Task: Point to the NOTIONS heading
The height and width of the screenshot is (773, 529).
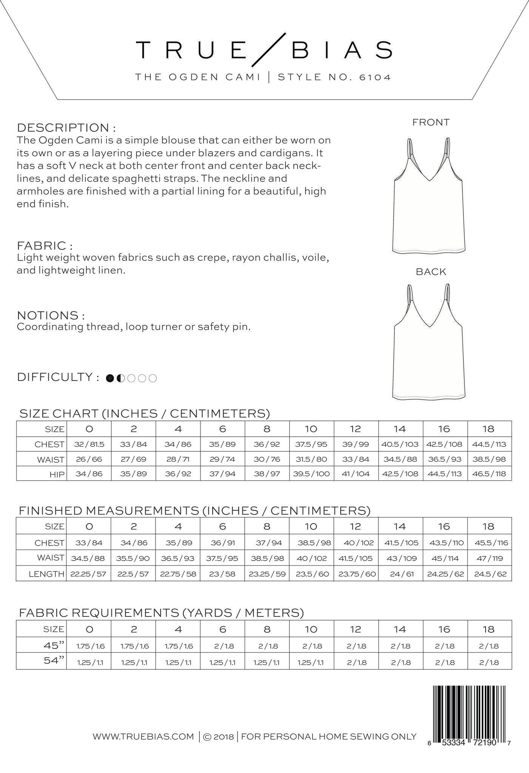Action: tap(51, 315)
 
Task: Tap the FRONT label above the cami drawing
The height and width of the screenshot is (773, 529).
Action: tap(431, 122)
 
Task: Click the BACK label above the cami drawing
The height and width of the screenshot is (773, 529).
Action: tap(431, 272)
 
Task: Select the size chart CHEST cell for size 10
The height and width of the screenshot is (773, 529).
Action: tap(311, 444)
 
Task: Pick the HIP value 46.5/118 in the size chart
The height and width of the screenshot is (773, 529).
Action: tap(489, 474)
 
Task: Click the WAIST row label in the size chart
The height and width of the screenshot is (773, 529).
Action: tap(51, 460)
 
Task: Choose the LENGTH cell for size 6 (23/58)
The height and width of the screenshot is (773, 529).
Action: tap(222, 574)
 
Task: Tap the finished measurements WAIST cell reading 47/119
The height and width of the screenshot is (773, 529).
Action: tap(489, 558)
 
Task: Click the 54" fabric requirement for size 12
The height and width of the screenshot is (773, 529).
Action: tap(355, 662)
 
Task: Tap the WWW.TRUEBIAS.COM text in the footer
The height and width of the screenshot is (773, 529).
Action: tap(143, 736)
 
